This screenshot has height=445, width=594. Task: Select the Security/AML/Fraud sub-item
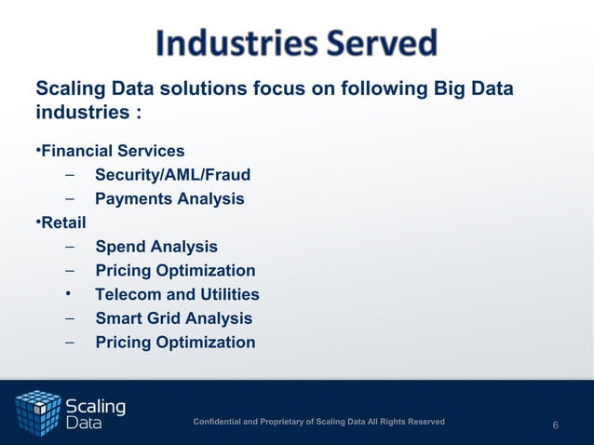[172, 175]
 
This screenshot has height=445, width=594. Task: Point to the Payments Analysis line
[169, 199]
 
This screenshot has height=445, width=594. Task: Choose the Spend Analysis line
[156, 247]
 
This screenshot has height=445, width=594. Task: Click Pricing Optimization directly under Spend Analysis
[175, 271]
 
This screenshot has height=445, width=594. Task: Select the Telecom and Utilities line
[177, 295]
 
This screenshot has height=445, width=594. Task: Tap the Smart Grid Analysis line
[173, 318]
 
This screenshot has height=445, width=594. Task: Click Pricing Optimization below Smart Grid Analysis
[175, 343]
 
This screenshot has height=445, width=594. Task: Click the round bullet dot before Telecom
[69, 294]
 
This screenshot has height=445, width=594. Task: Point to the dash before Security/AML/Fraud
[70, 175]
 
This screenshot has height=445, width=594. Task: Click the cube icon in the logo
[38, 412]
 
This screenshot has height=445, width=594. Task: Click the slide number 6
[555, 425]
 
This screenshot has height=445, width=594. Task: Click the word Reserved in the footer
[424, 423]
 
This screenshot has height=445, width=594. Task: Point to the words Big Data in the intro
[474, 89]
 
